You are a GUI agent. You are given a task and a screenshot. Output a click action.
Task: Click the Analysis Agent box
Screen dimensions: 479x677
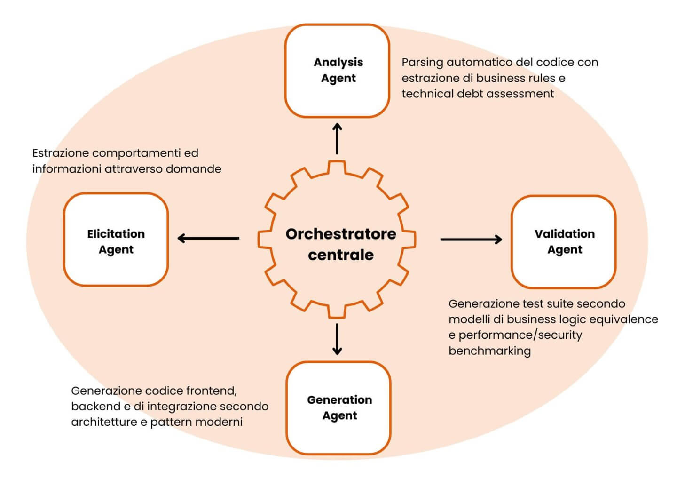[337, 71]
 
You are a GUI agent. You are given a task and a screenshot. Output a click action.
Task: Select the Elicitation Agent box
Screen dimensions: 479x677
[116, 239]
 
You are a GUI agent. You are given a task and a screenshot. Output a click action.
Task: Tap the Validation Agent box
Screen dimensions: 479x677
[564, 241]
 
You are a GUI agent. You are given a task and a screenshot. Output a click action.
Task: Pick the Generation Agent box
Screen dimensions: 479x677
[338, 407]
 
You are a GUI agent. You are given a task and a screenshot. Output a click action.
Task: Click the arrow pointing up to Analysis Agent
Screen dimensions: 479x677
[337, 138]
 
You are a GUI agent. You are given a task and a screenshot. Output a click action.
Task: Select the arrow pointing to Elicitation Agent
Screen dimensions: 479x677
[208, 239]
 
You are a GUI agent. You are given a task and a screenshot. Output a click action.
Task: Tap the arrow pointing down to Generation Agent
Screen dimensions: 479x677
[337, 339]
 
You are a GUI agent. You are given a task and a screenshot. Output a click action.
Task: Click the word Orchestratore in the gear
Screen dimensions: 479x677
[341, 234]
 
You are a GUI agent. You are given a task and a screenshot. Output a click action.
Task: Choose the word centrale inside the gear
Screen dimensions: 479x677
[341, 255]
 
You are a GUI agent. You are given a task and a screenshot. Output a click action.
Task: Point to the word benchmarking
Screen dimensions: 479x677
[489, 351]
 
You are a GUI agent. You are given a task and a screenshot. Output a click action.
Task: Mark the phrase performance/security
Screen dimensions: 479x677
[520, 335]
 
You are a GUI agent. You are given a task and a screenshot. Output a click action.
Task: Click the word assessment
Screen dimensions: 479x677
[520, 94]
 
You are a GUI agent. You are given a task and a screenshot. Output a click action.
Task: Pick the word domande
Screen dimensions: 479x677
[197, 169]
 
